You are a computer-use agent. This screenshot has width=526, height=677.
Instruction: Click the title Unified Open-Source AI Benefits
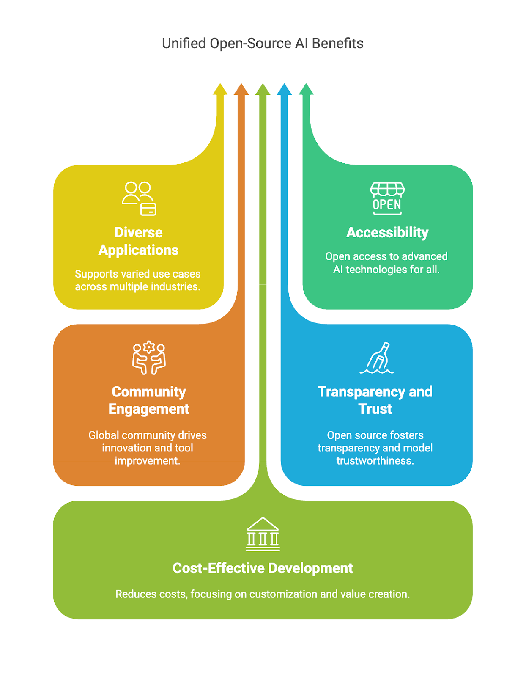click(x=263, y=43)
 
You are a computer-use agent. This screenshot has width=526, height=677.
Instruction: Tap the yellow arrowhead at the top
click(x=220, y=89)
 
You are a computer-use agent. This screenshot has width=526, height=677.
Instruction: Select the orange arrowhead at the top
click(x=241, y=89)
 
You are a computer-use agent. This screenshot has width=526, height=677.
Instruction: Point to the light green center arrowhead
click(x=263, y=89)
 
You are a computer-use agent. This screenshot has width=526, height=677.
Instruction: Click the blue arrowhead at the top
click(x=284, y=89)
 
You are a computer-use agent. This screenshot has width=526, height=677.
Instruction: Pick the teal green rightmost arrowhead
click(x=306, y=89)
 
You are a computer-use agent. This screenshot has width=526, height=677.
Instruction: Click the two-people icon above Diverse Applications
click(x=139, y=198)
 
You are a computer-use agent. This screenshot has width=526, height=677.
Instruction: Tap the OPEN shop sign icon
click(x=387, y=198)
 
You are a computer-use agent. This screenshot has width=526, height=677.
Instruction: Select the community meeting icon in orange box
click(x=149, y=358)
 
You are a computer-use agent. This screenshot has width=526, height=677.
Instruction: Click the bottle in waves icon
click(x=377, y=358)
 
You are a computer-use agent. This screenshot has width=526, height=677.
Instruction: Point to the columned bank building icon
click(x=263, y=534)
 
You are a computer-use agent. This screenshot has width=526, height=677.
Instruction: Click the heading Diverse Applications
click(x=139, y=241)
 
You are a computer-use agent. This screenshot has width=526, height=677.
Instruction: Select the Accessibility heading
click(x=387, y=232)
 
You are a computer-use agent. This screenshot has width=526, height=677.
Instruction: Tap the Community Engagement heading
click(x=149, y=400)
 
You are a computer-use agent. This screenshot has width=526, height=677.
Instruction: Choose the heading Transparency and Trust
click(x=375, y=400)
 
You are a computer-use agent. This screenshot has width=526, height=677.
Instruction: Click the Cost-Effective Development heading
click(x=263, y=568)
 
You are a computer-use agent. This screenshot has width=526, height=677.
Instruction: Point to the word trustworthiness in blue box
click(x=375, y=461)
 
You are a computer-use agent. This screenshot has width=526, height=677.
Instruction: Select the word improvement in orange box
click(x=148, y=461)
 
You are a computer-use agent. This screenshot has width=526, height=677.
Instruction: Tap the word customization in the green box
click(x=283, y=594)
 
